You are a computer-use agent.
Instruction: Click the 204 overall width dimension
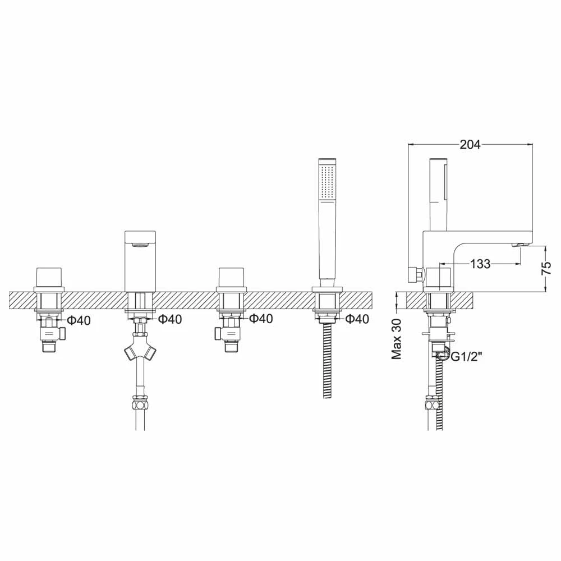tap(470, 144)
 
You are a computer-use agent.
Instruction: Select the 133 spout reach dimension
tap(480, 264)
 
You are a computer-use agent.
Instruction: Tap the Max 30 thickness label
tap(397, 339)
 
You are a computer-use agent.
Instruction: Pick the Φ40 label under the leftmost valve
tap(79, 320)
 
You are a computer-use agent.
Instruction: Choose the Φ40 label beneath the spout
tap(170, 319)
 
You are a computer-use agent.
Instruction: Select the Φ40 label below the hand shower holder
tap(357, 319)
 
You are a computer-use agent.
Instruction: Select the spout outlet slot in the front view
tap(140, 243)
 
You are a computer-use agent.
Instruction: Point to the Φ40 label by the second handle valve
tap(261, 319)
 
